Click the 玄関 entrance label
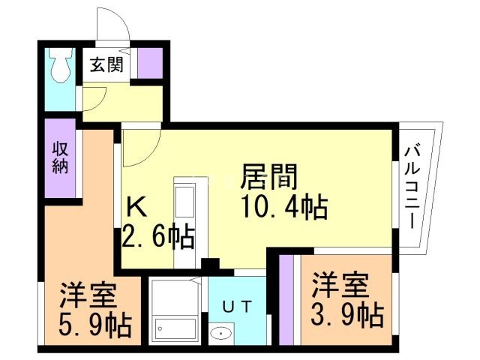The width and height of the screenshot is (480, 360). point(106,64)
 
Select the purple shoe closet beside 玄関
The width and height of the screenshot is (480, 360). point(150,63)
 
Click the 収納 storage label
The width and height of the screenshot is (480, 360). point(60,158)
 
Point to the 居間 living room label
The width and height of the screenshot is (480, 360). point(269,177)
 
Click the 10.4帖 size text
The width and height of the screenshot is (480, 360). point(285,207)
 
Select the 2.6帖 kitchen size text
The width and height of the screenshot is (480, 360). point(158,236)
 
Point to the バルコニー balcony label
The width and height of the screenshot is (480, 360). point(412,187)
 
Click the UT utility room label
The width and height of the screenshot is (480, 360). point(237,307)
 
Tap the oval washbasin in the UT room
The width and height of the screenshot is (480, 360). point(221,333)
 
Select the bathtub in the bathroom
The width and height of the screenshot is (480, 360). point(175,328)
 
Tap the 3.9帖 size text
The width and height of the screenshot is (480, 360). point(347,314)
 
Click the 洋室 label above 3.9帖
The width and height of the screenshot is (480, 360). point(340,285)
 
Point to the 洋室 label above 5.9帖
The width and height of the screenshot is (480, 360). point(88,295)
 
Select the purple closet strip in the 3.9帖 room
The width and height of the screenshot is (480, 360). point(286,300)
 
